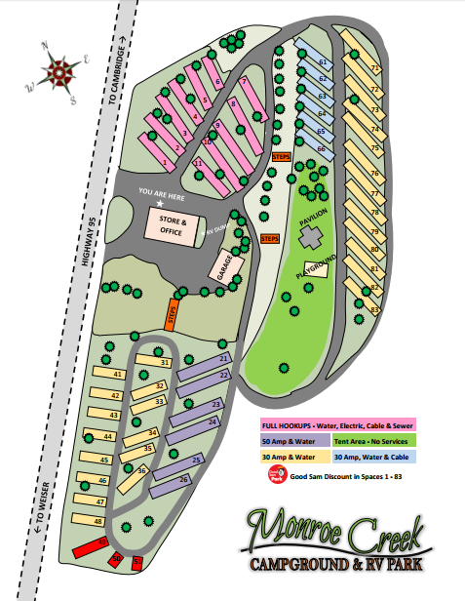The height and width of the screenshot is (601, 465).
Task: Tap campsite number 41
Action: (111, 374)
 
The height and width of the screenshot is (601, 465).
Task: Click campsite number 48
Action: (92, 521)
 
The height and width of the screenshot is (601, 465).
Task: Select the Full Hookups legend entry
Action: (337, 424)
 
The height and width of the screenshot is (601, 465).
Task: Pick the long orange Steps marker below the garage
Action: (172, 317)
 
